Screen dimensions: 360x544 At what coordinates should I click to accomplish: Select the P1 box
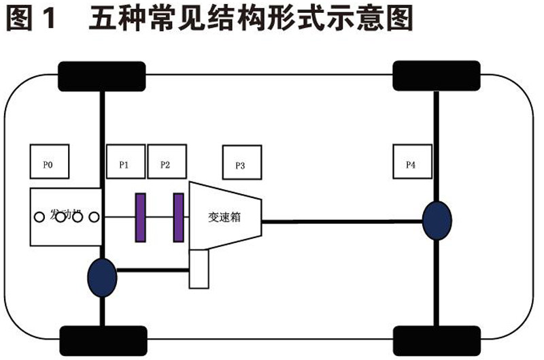click(125, 164)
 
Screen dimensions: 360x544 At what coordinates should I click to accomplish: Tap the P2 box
click(165, 164)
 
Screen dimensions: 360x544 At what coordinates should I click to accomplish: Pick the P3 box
click(241, 164)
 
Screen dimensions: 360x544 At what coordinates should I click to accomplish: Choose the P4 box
click(414, 164)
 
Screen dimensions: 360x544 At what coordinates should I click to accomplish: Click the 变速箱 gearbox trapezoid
click(225, 216)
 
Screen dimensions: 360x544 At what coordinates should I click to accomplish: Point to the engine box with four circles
click(65, 217)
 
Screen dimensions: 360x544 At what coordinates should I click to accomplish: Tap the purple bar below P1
click(140, 217)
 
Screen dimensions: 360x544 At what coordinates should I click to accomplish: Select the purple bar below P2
click(179, 217)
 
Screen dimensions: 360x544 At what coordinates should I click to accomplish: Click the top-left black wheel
click(103, 76)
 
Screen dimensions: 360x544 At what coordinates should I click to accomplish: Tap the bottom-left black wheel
click(103, 338)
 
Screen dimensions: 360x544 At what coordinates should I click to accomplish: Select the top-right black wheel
click(436, 76)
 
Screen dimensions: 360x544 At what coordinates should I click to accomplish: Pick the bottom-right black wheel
click(436, 338)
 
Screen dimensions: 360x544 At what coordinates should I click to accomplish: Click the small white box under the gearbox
click(199, 269)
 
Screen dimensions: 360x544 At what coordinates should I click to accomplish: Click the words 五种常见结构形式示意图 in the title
click(251, 19)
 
